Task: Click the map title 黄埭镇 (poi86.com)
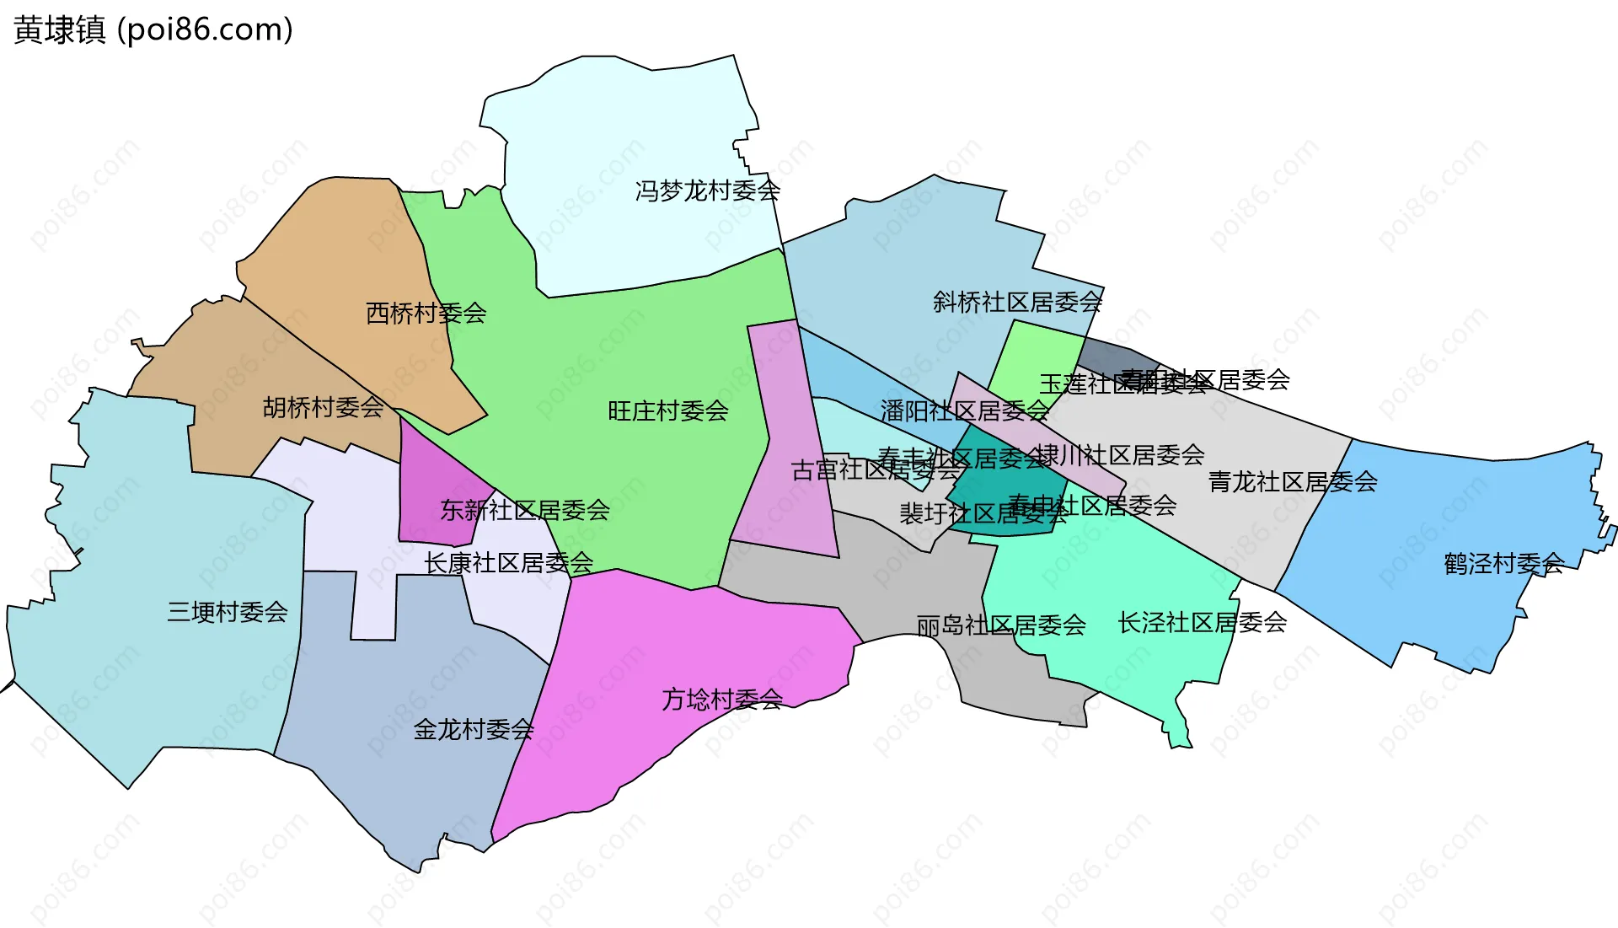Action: pyautogui.click(x=153, y=30)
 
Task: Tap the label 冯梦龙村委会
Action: pyautogui.click(x=708, y=190)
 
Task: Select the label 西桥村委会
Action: pyautogui.click(x=426, y=314)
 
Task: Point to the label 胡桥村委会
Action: pyautogui.click(x=323, y=408)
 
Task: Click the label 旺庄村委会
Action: pyautogui.click(x=667, y=411)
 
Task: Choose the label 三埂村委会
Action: pyautogui.click(x=228, y=612)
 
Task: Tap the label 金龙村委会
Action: pyautogui.click(x=474, y=730)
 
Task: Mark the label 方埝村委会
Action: pyautogui.click(x=722, y=700)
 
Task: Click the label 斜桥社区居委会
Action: pyautogui.click(x=1017, y=302)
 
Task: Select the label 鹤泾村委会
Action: pyautogui.click(x=1503, y=563)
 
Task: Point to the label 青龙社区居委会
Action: pyautogui.click(x=1293, y=482)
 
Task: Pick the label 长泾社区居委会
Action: pyautogui.click(x=1202, y=623)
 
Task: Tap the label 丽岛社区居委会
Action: pyautogui.click(x=1001, y=625)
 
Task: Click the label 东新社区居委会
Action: pyautogui.click(x=525, y=510)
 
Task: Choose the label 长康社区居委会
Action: pyautogui.click(x=508, y=563)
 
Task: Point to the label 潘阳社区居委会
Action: pyautogui.click(x=964, y=411)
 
